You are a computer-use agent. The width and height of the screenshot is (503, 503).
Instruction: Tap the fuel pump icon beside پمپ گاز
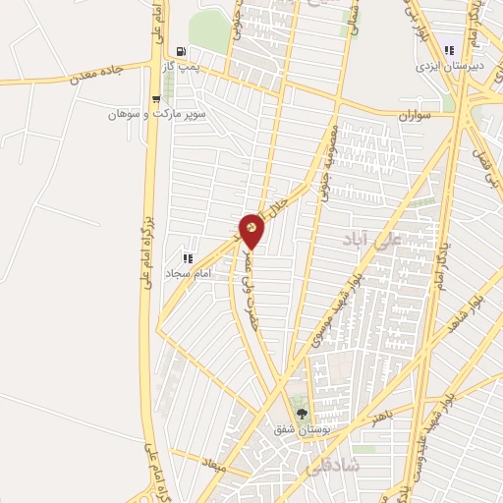click(180, 51)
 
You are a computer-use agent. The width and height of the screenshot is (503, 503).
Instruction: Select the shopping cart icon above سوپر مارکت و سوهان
click(156, 98)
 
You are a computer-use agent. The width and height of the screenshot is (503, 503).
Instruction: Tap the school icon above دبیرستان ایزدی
click(450, 50)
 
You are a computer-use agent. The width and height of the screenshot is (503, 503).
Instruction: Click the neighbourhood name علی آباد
click(366, 239)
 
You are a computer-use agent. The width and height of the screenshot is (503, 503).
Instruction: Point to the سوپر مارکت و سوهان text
click(157, 114)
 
